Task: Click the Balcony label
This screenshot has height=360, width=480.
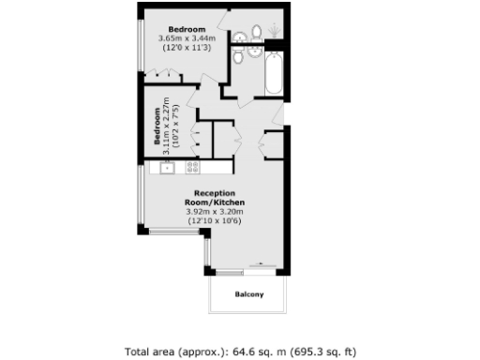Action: [x=247, y=295]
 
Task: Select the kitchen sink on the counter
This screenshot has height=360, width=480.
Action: [x=167, y=168]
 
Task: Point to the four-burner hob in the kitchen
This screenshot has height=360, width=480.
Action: [x=193, y=168]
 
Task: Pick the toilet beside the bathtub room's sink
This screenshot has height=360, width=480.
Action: [x=240, y=57]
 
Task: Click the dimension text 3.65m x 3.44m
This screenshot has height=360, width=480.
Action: [x=193, y=37]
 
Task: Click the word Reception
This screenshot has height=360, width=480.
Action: [x=215, y=193]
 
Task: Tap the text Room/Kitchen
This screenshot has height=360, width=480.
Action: [x=215, y=202]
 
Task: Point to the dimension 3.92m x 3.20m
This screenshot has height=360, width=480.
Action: [x=215, y=212]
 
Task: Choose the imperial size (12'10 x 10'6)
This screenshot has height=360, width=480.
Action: [x=215, y=221]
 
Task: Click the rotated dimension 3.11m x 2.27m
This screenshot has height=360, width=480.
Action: [x=166, y=126]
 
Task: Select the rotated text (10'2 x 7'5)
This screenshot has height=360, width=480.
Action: [x=175, y=126]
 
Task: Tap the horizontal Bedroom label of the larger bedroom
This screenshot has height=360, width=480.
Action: [x=192, y=28]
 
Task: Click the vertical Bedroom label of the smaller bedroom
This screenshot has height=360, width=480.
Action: [x=157, y=128]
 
